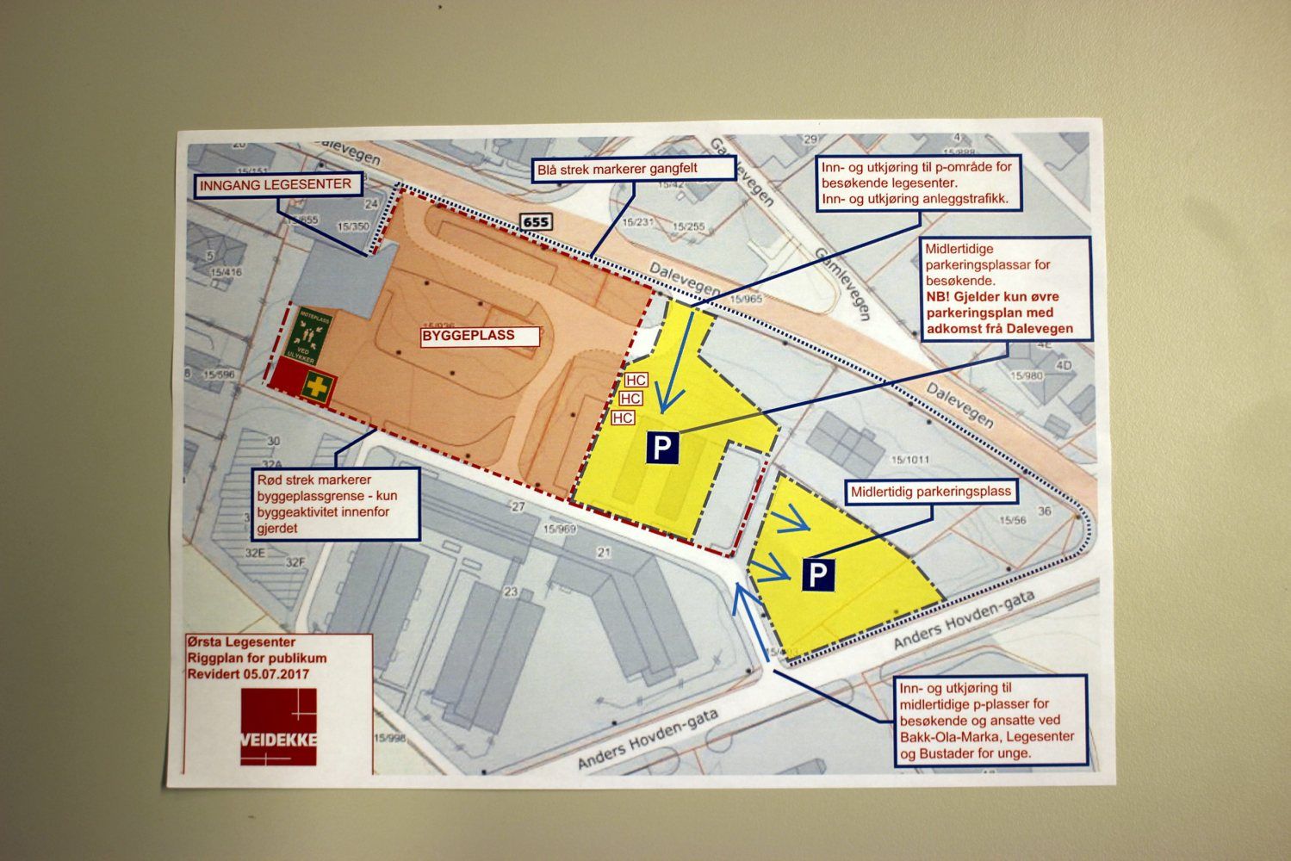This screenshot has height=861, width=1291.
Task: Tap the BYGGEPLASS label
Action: click(479, 336)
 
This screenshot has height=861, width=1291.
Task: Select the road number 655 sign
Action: click(535, 223)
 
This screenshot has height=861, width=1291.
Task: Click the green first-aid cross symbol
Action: click(317, 387)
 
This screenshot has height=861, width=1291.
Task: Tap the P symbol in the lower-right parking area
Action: click(819, 574)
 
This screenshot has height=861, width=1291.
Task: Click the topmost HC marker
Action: click(636, 381)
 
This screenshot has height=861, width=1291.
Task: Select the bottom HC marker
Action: click(623, 418)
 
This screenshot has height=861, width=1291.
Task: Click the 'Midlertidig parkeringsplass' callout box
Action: click(931, 493)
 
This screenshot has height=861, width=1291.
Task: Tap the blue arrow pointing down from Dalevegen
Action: click(677, 362)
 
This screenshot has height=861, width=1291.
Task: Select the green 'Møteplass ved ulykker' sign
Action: click(314, 334)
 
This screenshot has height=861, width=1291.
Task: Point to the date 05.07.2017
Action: click(276, 674)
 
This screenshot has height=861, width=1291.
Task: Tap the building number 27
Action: click(518, 506)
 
